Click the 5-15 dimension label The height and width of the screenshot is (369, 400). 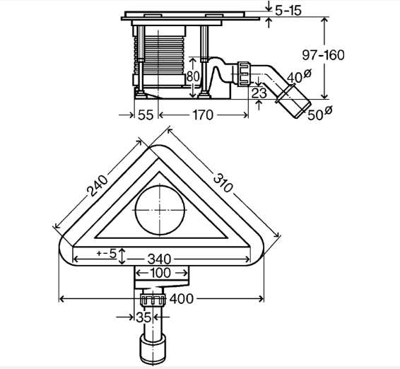288,11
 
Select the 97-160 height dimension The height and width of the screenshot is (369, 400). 323,55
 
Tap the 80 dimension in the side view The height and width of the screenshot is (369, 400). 193,76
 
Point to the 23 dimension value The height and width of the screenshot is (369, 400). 259,93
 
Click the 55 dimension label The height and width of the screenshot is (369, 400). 146,115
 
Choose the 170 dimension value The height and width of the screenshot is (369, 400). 203,115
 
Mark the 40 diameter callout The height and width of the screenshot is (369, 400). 299,76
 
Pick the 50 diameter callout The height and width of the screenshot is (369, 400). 320,113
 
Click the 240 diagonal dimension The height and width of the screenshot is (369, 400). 98,185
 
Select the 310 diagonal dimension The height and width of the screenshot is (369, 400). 223,182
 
